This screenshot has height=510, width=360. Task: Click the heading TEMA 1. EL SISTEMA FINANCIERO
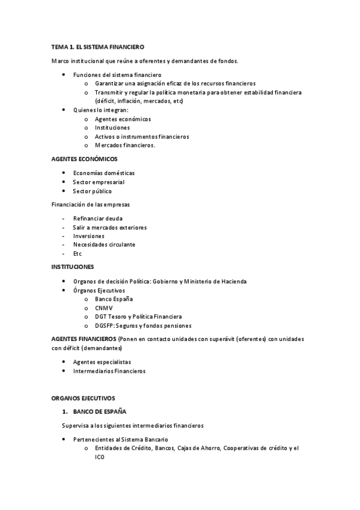[97, 46]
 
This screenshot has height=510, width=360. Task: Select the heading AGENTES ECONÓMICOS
[84, 159]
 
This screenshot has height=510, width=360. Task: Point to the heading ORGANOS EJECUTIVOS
[83, 398]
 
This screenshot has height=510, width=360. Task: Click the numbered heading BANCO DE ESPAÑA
[100, 411]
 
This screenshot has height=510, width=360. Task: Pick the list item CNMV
[103, 308]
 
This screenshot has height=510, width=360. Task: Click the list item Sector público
[92, 191]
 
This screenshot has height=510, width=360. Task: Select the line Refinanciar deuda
[97, 218]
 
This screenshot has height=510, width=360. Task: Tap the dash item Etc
[78, 254]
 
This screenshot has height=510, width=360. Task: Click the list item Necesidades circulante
[104, 245]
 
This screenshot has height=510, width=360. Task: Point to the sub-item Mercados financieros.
[125, 145]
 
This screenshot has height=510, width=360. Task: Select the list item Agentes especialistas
[102, 362]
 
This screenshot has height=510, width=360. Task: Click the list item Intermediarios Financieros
[109, 371]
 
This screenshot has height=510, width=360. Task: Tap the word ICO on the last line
[99, 457]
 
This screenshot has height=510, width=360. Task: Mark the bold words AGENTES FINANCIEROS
[84, 339]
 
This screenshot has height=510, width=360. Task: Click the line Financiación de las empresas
[91, 204]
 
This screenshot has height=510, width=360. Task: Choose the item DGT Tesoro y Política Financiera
[138, 316]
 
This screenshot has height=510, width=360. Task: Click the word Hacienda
[231, 281]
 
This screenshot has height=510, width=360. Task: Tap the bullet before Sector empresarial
[64, 182]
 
